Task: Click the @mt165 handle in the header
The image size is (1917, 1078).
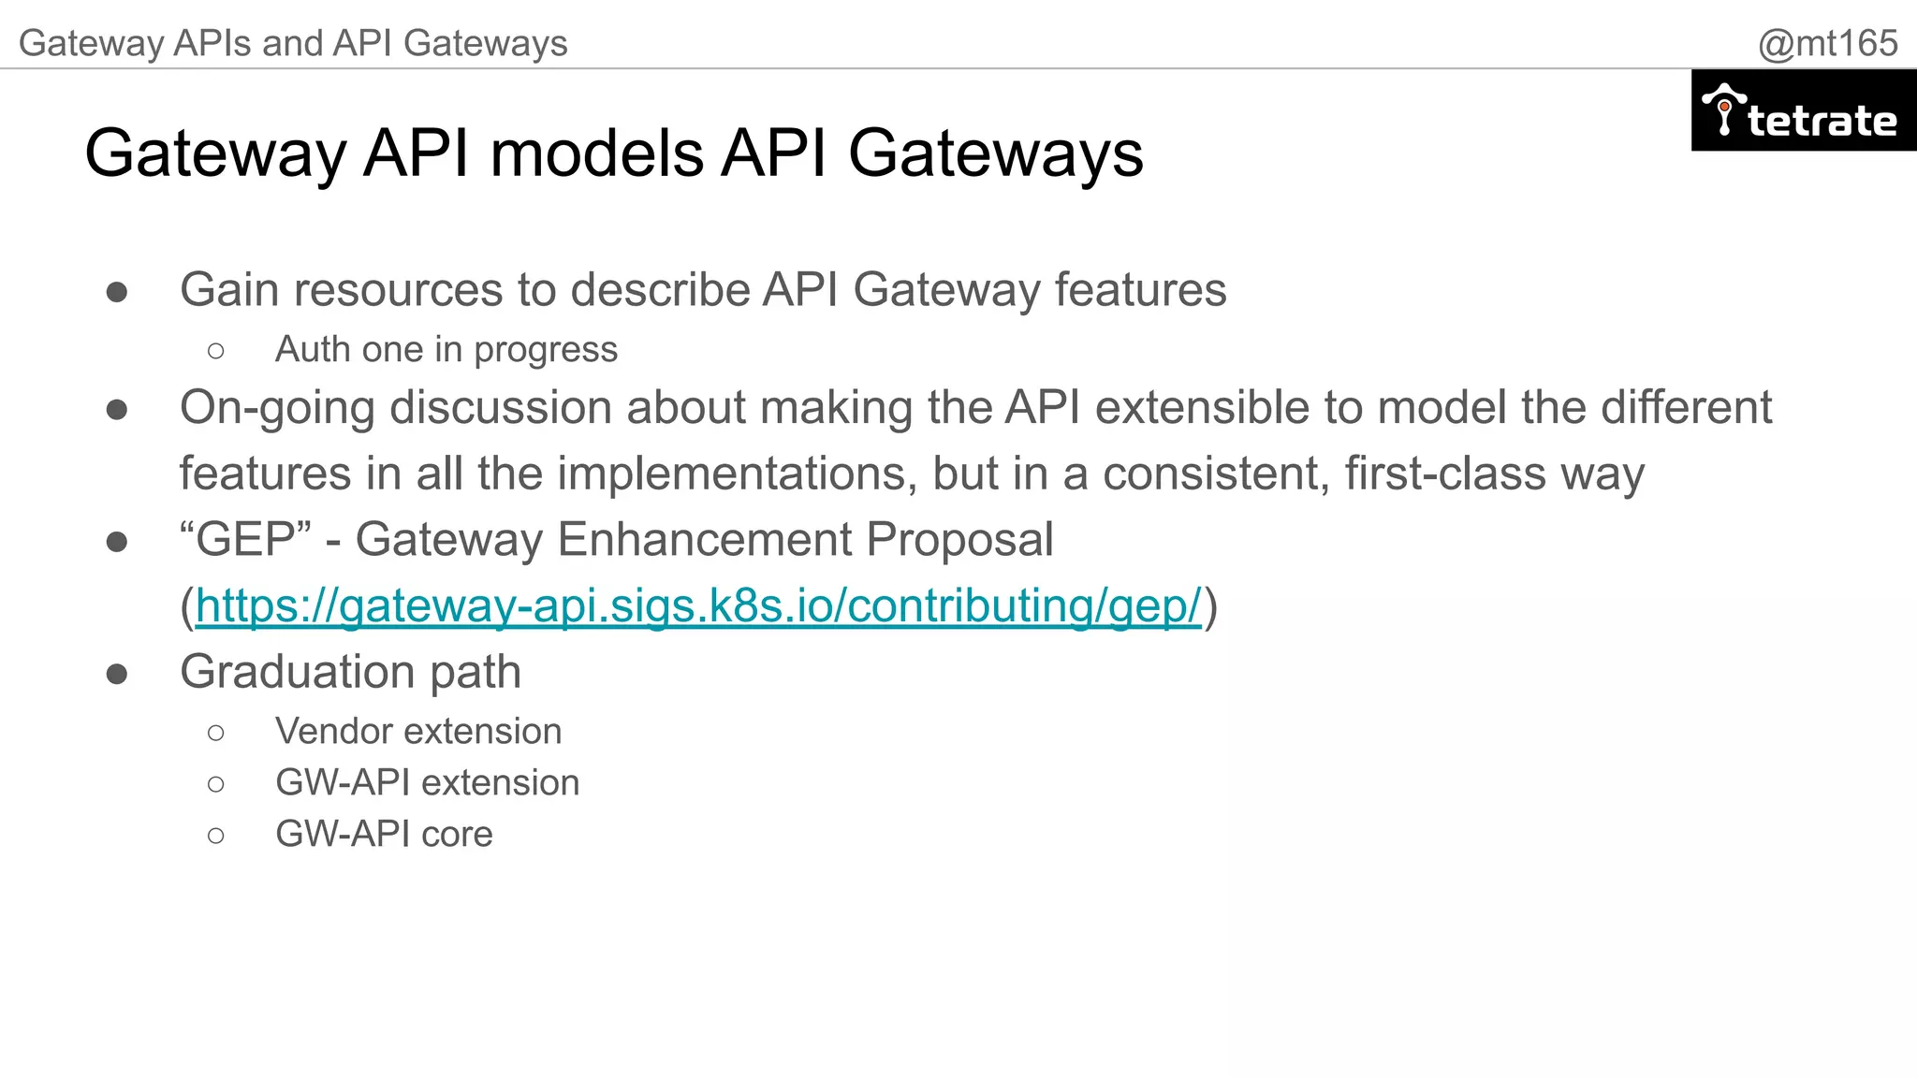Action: (x=1827, y=43)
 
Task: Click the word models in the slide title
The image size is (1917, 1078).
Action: (x=596, y=153)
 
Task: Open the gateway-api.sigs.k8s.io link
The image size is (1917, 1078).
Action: (x=697, y=605)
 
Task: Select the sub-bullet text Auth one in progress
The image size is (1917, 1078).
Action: (x=446, y=349)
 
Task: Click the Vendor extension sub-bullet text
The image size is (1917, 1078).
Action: (x=418, y=731)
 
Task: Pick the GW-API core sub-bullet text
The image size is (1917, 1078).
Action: (x=384, y=834)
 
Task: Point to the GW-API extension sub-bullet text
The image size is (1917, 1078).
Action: (x=427, y=782)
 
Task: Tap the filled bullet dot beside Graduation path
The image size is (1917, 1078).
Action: (x=117, y=674)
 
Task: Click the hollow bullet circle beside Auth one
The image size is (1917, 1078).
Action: (x=216, y=351)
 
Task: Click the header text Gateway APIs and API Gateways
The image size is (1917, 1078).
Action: (x=293, y=43)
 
